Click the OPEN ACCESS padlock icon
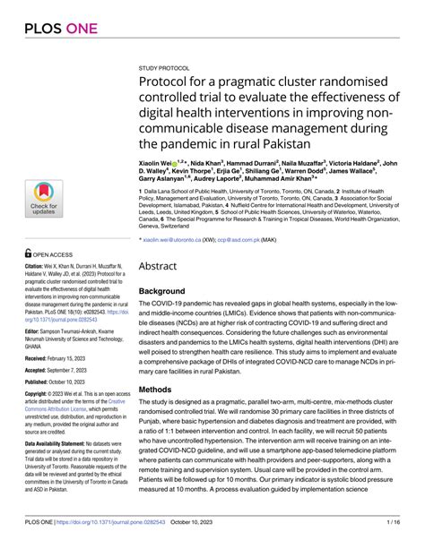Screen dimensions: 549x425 coord(28,253)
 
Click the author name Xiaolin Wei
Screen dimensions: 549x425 coord(158,163)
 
